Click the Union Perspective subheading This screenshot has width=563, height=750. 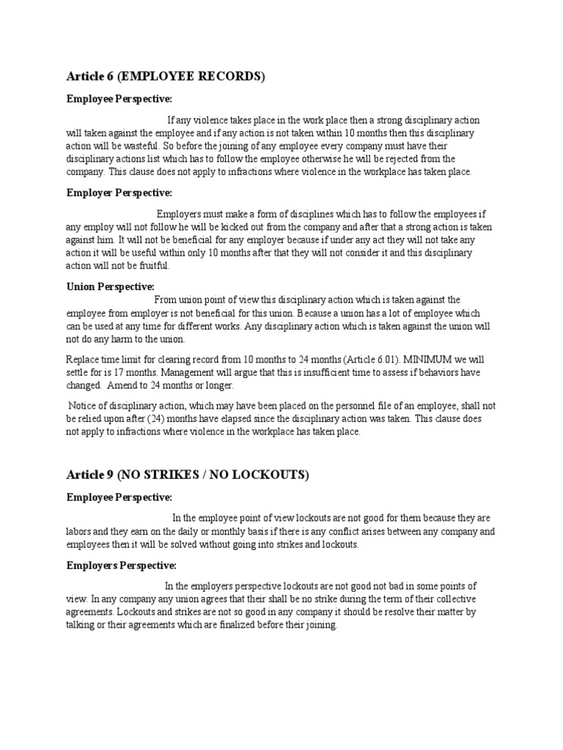click(x=111, y=286)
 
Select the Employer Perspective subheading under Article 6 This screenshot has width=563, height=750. click(x=119, y=193)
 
